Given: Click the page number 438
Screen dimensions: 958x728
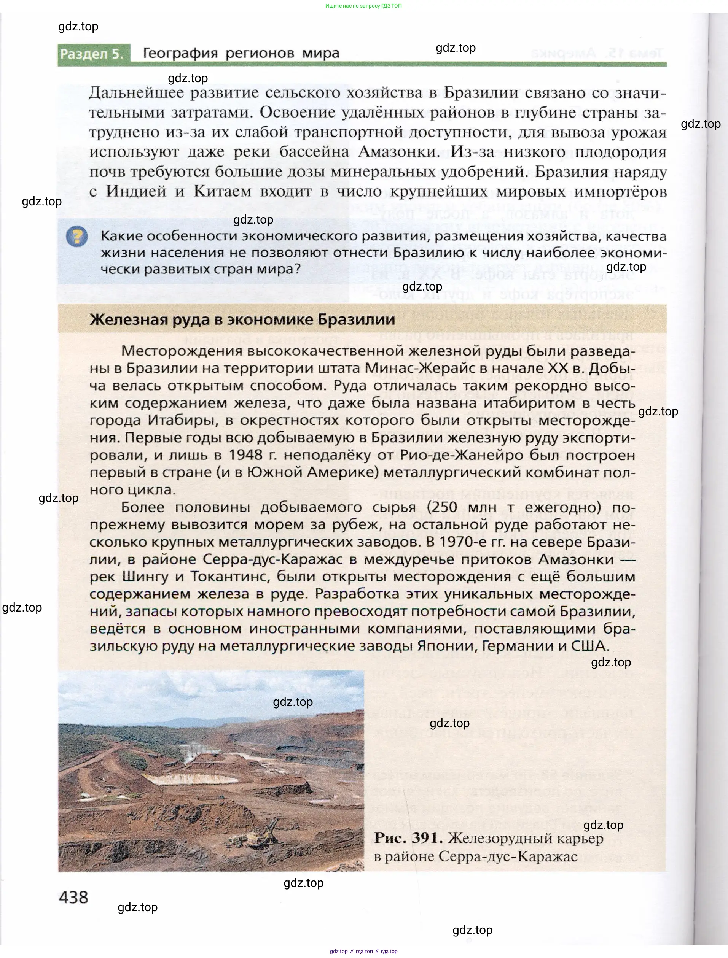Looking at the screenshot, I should pos(73,897).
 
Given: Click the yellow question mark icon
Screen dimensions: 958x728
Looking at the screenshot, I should pos(77,237).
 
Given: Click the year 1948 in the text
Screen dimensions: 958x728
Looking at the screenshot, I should pos(246,455).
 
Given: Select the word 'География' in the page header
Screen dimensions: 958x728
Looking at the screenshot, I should pos(180,53).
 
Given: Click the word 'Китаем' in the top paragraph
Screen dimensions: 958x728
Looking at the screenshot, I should pos(222,191).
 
